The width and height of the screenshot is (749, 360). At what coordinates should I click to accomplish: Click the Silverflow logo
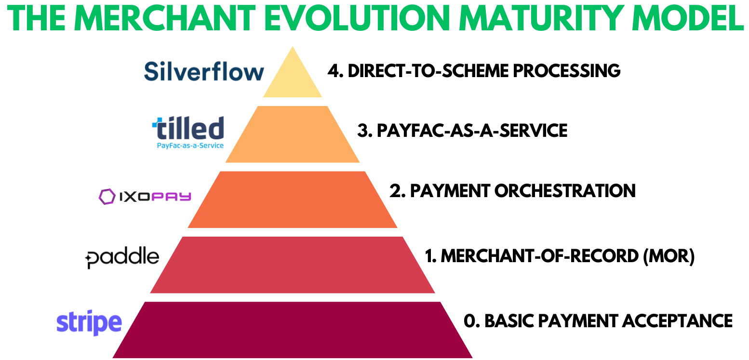(204, 72)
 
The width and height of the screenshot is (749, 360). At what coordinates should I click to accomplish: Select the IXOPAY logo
(145, 197)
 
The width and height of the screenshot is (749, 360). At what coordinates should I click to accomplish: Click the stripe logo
(89, 322)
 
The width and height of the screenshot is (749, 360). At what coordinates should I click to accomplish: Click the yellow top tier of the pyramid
(293, 77)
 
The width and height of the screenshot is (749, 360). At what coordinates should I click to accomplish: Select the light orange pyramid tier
(293, 134)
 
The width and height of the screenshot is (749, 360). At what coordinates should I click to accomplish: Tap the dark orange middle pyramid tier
(293, 200)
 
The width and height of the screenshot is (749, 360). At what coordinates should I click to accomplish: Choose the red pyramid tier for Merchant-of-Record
(293, 265)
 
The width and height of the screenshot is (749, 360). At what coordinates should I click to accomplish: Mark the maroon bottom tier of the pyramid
(293, 330)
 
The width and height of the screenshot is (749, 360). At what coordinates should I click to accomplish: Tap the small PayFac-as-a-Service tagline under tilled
(190, 145)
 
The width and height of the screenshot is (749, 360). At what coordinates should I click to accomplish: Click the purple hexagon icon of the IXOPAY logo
(106, 197)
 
